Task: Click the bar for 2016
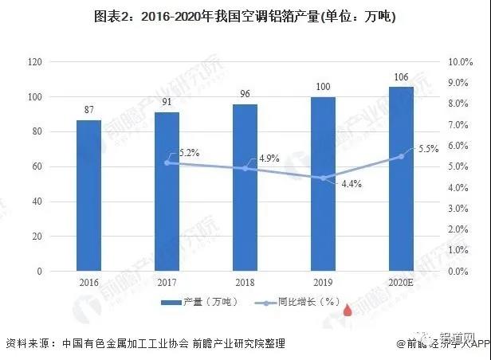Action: pos(89,195)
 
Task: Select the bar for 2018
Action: pos(245,187)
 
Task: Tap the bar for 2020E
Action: pos(402,178)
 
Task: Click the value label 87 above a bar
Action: pos(89,110)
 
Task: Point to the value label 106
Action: pos(402,77)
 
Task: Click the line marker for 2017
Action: pos(167,162)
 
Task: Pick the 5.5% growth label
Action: pos(430,148)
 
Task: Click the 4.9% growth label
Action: pos(269,158)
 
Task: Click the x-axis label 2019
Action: pos(324,283)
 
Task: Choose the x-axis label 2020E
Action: pos(402,283)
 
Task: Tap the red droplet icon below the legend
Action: pos(347,311)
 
